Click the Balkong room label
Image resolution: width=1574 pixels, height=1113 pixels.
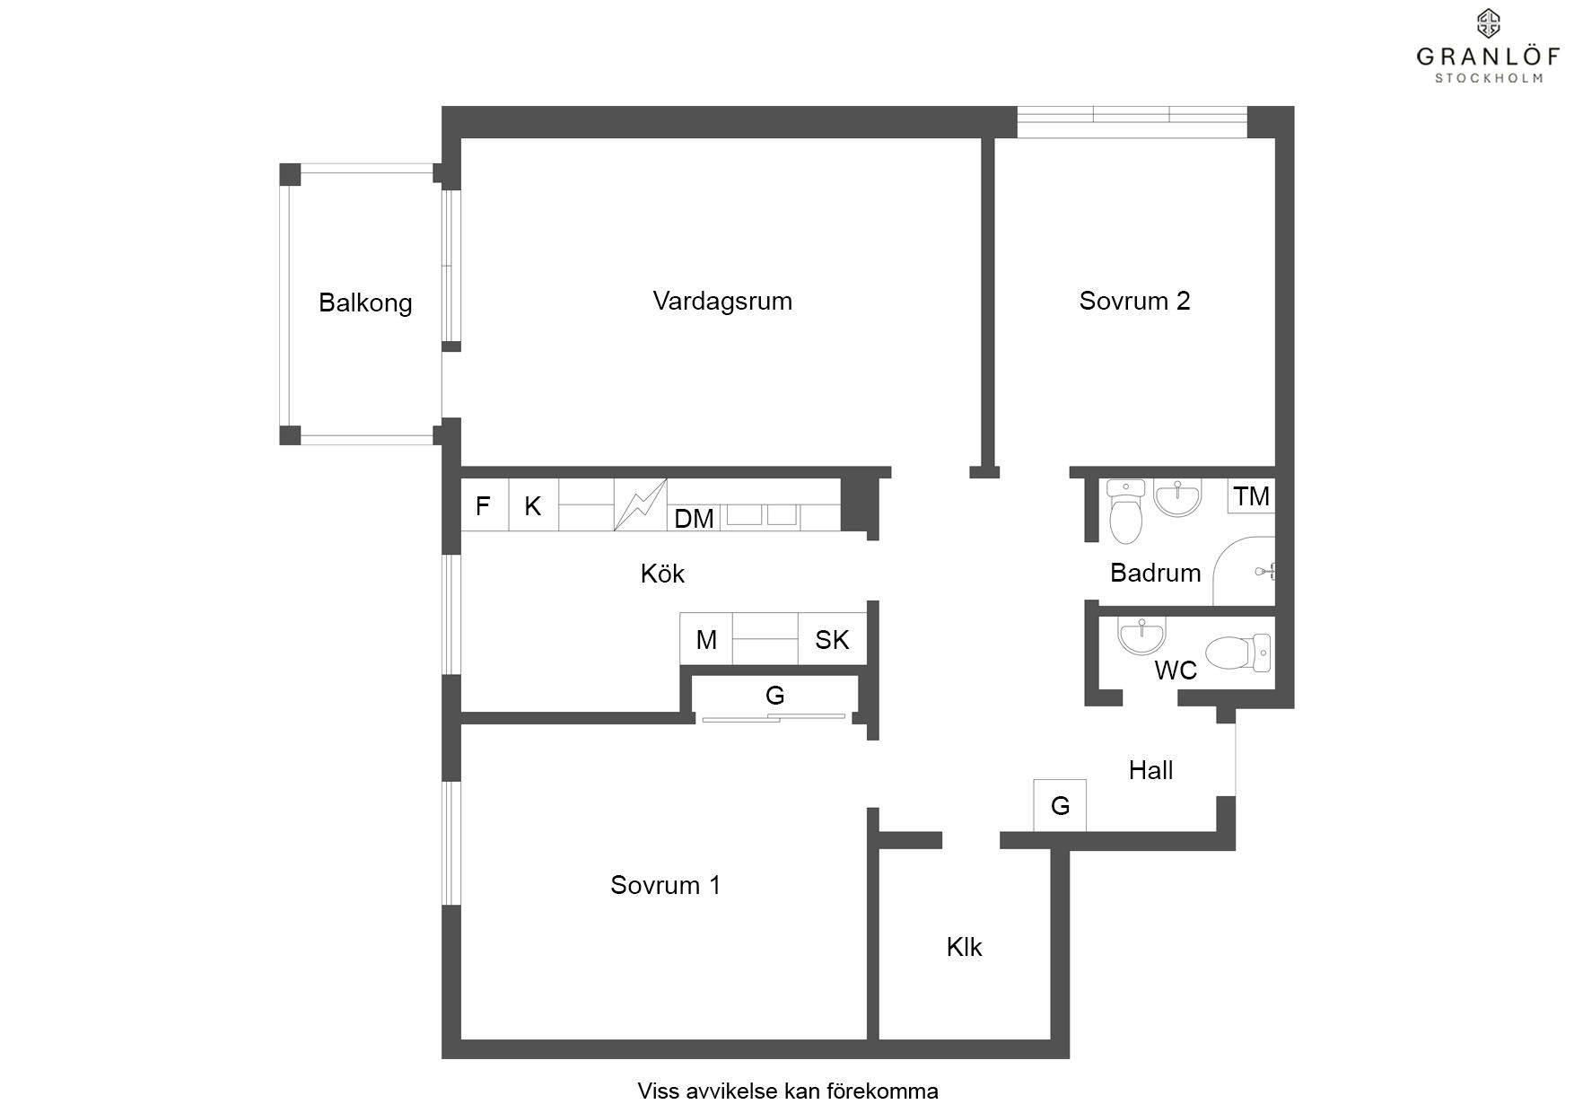365,303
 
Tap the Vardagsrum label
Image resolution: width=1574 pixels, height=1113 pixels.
722,301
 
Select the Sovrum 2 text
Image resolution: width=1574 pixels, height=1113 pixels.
1134,301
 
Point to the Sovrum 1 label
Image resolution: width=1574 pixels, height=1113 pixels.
665,885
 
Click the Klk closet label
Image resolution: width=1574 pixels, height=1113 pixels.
964,947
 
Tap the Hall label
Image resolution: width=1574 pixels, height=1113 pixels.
1150,770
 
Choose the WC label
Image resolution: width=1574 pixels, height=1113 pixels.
1175,670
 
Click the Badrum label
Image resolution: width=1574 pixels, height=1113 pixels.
1155,573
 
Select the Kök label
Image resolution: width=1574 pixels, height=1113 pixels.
662,574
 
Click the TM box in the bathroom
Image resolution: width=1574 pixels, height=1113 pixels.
1251,495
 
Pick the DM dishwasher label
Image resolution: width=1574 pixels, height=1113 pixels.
694,518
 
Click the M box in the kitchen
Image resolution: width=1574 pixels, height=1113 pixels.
706,639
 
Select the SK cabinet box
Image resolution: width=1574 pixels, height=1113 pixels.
832,639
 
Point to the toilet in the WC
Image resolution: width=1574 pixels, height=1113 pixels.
1239,653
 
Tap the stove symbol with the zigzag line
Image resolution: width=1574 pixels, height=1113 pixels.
640,504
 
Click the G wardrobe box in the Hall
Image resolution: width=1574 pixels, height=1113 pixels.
1060,805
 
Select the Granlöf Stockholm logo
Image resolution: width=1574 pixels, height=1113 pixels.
1489,46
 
